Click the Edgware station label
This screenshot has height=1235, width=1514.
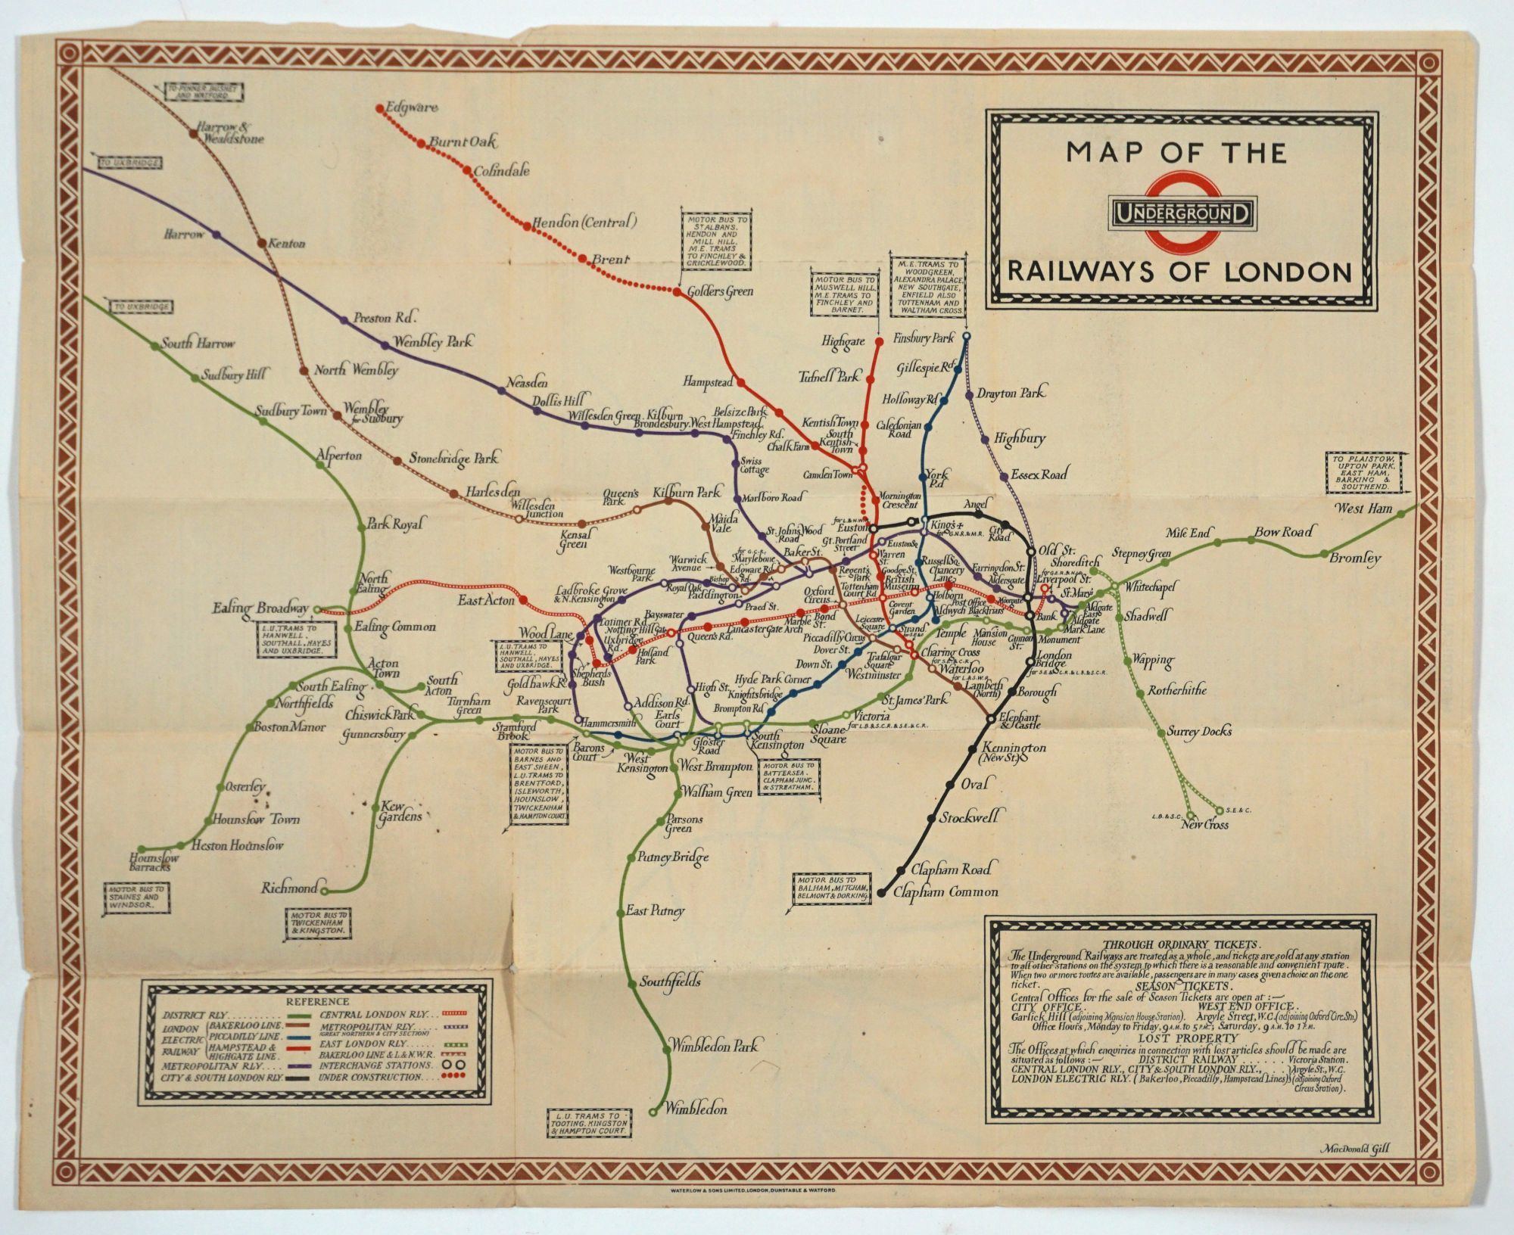click(412, 107)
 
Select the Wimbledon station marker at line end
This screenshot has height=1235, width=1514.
click(653, 1112)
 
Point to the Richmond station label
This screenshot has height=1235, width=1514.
click(288, 888)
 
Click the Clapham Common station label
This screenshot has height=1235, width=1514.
click(945, 892)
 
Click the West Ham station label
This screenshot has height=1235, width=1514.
click(1363, 509)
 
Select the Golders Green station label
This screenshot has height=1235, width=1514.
click(720, 291)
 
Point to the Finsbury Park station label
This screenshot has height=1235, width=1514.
click(924, 338)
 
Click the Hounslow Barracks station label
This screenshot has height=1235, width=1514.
click(154, 863)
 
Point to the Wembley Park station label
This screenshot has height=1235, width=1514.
click(433, 342)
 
